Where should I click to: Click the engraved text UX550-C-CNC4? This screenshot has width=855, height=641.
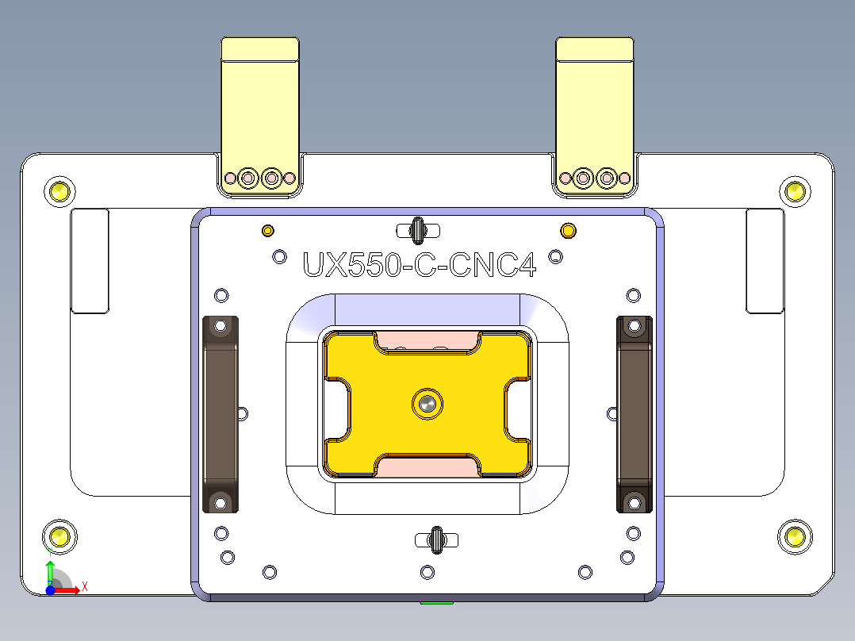420,265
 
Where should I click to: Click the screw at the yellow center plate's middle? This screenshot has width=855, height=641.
427,404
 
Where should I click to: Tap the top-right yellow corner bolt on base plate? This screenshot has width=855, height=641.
794,190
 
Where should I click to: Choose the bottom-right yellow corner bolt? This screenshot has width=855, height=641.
794,536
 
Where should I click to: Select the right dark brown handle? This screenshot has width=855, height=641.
634,413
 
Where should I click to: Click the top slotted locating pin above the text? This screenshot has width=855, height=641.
417,230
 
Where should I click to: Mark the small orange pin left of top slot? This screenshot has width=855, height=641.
268,231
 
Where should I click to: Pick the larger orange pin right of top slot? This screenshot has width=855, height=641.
569,231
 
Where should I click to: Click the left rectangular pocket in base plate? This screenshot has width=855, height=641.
90,261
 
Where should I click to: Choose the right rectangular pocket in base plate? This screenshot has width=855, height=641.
765,261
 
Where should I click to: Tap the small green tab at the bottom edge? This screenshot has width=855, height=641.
436,603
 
